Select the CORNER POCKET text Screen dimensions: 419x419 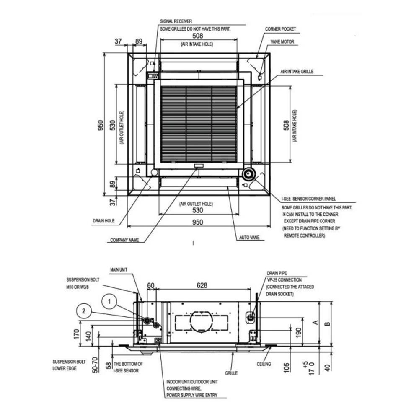pyautogui.click(x=280, y=29)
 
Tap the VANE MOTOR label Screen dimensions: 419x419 pyautogui.click(x=282, y=42)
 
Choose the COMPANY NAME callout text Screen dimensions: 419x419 pyautogui.click(x=124, y=241)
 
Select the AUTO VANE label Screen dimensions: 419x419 pyautogui.click(x=249, y=237)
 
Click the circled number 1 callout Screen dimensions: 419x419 pyautogui.click(x=109, y=300)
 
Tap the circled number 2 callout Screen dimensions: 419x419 pyautogui.click(x=84, y=310)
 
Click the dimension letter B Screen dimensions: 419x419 pyautogui.click(x=328, y=323)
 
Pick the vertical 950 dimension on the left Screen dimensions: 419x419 pyautogui.click(x=100, y=125)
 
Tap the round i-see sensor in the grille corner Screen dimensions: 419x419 pyautogui.click(x=248, y=174)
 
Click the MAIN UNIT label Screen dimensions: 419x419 pyautogui.click(x=119, y=270)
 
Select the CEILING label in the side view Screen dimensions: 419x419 pyautogui.click(x=264, y=364)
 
